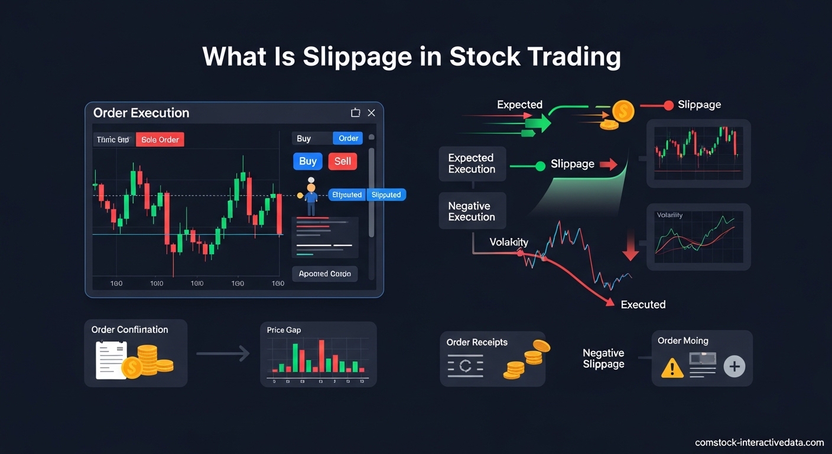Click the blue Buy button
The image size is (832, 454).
308,161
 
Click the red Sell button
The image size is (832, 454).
343,161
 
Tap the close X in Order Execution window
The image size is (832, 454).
371,113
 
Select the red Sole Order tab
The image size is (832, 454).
160,140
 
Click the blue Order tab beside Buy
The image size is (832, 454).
348,138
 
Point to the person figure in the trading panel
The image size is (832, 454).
311,197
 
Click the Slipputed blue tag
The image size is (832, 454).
386,194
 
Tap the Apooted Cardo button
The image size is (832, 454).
324,274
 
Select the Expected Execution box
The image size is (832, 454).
472,164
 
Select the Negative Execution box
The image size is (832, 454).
472,212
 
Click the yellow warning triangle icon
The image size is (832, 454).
672,367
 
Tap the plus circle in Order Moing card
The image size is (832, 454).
734,367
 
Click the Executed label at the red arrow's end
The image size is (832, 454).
643,304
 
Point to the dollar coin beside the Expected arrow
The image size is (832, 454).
623,111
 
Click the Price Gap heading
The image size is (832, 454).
284,330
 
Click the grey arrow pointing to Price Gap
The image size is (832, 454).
223,354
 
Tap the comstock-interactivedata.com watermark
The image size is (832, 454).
759,442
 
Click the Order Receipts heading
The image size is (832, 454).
477,342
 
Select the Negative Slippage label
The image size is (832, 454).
603,358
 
